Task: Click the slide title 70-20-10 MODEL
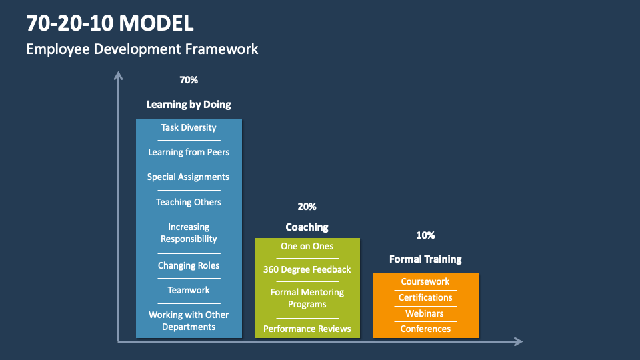click(x=110, y=23)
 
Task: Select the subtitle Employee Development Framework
click(x=142, y=49)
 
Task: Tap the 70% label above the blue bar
click(x=189, y=80)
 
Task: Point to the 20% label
click(x=307, y=207)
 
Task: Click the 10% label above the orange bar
click(x=425, y=235)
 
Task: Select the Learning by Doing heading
click(x=189, y=105)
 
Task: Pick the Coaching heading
click(x=307, y=227)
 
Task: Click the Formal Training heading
click(x=425, y=259)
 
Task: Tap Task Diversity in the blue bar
click(x=189, y=127)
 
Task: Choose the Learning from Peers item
click(x=189, y=152)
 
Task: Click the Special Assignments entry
click(x=188, y=177)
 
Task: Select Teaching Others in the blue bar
click(x=189, y=202)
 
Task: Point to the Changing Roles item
click(x=189, y=265)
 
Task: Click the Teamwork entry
click(x=189, y=290)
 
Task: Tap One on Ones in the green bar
click(x=307, y=246)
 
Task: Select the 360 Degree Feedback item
click(x=307, y=269)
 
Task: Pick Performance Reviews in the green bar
click(x=307, y=329)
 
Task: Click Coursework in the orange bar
click(x=425, y=281)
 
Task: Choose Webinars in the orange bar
click(x=425, y=313)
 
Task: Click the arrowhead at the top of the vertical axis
click(x=119, y=75)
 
